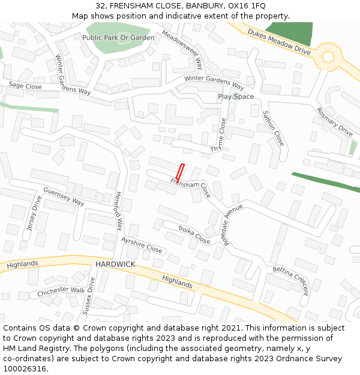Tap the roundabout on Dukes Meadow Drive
(x=328, y=57)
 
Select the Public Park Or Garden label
(x=118, y=37)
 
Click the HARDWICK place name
(x=115, y=265)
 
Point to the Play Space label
(x=236, y=97)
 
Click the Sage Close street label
(x=25, y=87)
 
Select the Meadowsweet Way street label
(x=183, y=50)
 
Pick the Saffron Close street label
(x=273, y=128)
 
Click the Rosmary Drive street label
(x=335, y=121)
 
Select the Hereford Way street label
(x=118, y=211)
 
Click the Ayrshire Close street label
(x=142, y=245)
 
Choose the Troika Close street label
(x=194, y=235)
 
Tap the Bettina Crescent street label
(x=290, y=281)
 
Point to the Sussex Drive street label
(x=88, y=296)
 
